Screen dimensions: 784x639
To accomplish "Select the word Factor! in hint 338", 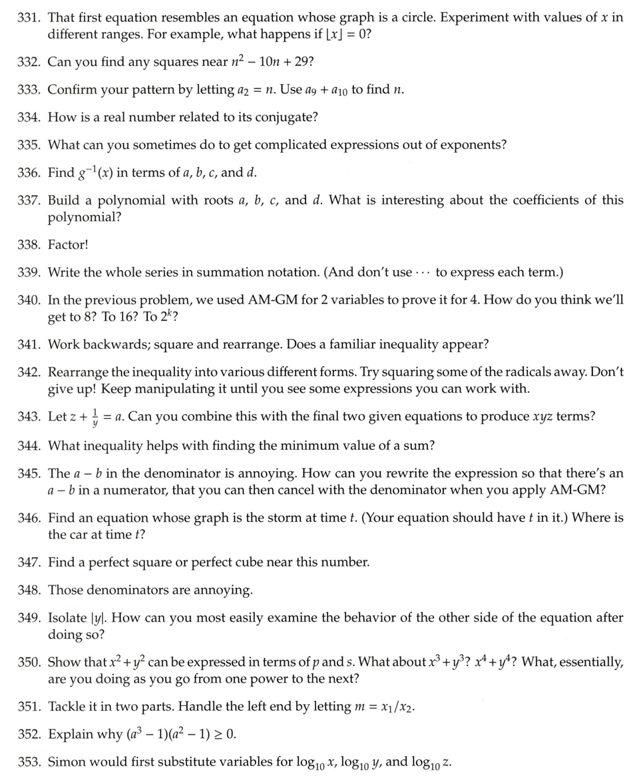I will click(x=68, y=244).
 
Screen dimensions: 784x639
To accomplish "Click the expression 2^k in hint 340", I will click(x=167, y=316).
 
